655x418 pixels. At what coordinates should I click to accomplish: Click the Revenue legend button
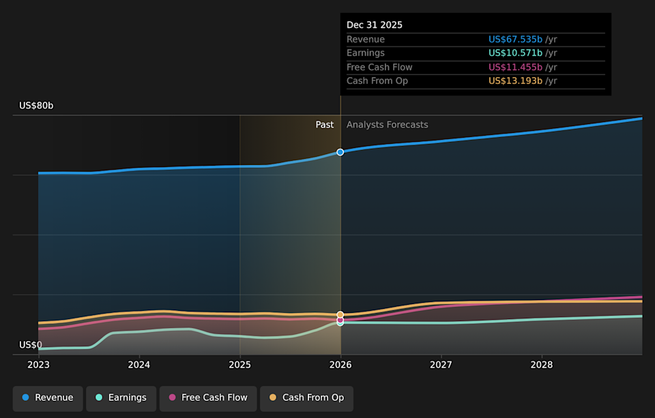[x=48, y=398]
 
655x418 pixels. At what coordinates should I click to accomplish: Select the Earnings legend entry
[x=121, y=398]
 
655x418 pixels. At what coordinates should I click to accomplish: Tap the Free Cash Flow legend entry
[x=207, y=398]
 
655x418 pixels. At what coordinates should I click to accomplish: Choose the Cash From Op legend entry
[x=306, y=398]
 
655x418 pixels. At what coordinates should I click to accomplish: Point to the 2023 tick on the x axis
[x=38, y=365]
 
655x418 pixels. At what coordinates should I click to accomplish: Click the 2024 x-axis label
[x=139, y=365]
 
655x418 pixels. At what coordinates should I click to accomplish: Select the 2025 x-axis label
[x=239, y=365]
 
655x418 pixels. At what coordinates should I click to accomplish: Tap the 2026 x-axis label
[x=340, y=365]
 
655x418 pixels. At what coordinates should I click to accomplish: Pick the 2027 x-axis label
[x=441, y=365]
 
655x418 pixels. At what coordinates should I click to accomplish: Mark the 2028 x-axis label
[x=542, y=365]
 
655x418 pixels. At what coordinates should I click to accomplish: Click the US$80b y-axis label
[x=36, y=106]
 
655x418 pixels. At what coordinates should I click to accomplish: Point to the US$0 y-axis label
[x=30, y=345]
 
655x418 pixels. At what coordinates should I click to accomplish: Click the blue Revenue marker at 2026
[x=340, y=152]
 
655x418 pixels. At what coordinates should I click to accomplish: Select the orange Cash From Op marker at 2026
[x=340, y=314]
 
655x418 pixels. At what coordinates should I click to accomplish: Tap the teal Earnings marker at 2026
[x=340, y=323]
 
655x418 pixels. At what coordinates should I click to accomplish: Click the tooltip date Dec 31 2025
[x=374, y=25]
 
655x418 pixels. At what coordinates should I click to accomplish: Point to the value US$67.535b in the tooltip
[x=515, y=40]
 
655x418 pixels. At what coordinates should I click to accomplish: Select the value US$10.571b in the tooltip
[x=515, y=53]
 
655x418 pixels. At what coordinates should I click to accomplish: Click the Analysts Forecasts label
[x=387, y=125]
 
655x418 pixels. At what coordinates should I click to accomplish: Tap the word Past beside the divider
[x=325, y=125]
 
